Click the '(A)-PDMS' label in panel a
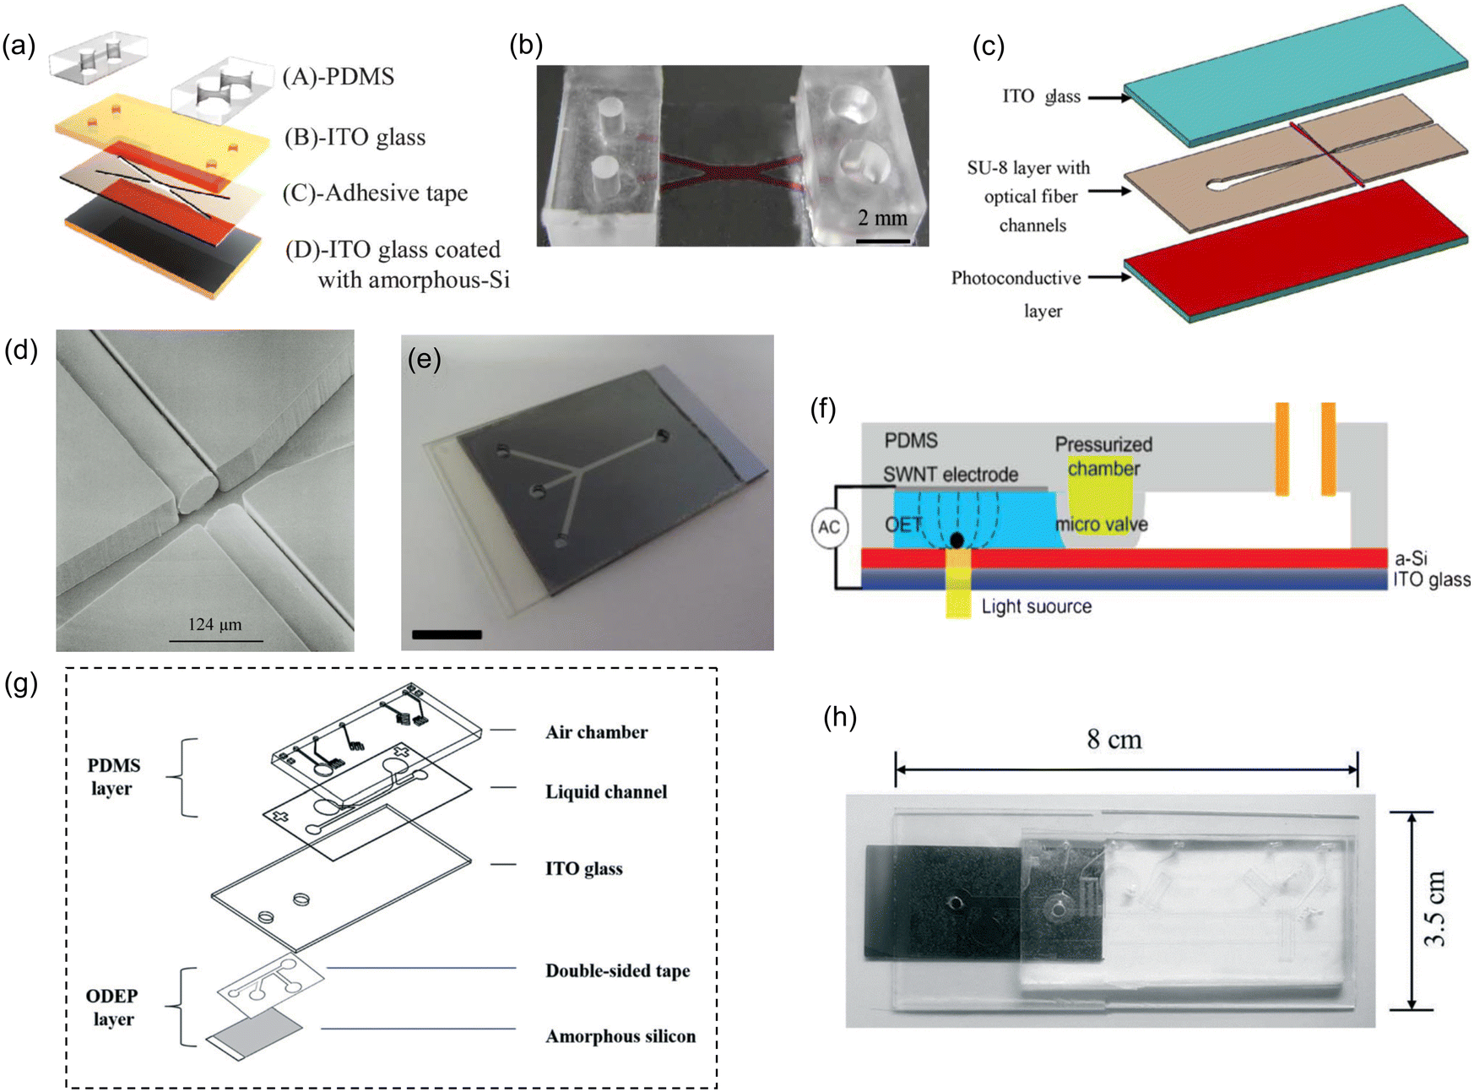pos(339,77)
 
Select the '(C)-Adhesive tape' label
pos(375,193)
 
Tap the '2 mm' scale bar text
pos(882,218)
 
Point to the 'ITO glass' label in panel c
pos(1041,96)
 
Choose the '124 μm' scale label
pos(214,625)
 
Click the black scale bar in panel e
pos(447,634)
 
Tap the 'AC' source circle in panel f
pos(829,528)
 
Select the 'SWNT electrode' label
pos(951,475)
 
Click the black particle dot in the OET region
pos(956,540)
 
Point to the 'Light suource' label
pos(1036,606)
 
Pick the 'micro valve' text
pos(1102,524)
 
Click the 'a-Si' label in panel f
pos(1411,558)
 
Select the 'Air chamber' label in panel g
pos(596,732)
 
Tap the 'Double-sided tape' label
pos(617,971)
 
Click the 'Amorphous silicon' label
pos(620,1036)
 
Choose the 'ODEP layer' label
pos(112,1008)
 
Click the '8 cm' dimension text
pos(1114,741)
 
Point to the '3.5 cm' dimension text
pos(1434,909)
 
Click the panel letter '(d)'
pos(21,350)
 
